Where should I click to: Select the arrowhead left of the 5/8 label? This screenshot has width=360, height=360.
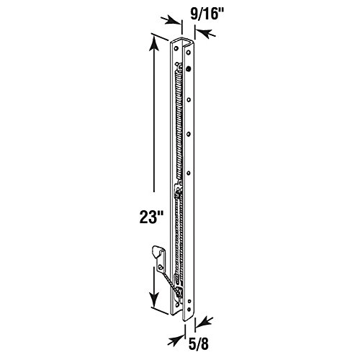pos(176,340)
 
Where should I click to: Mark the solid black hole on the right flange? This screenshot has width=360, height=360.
pos(189,69)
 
